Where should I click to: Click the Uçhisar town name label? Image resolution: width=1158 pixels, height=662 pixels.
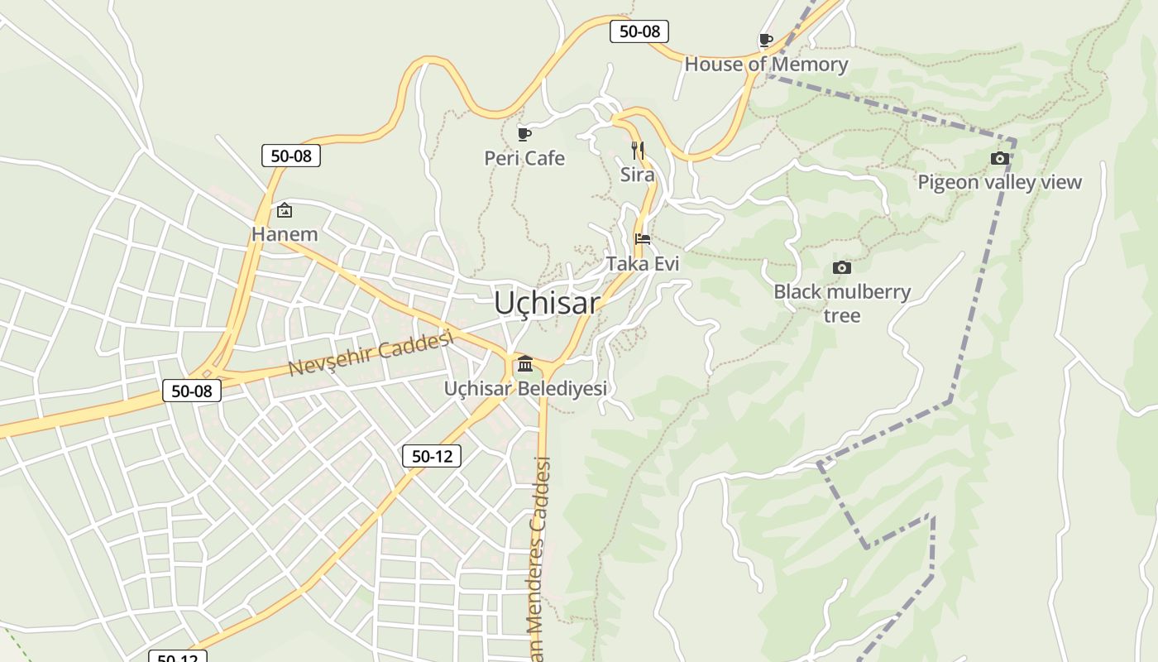point(547,303)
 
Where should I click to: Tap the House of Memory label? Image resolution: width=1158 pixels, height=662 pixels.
point(766,65)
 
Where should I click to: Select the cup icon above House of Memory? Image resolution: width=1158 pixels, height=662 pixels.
point(766,40)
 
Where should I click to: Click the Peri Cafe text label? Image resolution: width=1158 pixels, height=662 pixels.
point(524,158)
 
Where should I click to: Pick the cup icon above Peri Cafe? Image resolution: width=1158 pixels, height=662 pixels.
point(524,134)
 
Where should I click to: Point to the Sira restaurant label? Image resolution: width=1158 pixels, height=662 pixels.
point(638,175)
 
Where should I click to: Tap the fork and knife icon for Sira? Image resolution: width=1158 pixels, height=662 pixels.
point(638,151)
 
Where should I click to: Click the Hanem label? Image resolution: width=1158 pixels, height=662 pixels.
point(285,234)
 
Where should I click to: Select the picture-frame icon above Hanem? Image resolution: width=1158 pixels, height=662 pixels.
point(285,210)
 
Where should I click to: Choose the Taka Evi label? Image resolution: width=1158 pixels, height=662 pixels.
point(643,264)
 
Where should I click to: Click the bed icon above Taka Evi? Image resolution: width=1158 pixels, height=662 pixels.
point(642,239)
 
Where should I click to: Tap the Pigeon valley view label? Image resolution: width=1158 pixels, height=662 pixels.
point(999,182)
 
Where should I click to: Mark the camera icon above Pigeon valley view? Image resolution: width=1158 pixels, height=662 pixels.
point(999,158)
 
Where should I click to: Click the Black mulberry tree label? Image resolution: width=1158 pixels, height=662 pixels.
point(842,303)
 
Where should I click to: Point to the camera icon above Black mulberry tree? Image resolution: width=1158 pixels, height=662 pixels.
point(842,267)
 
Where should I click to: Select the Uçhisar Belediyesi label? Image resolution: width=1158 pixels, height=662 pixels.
point(525,388)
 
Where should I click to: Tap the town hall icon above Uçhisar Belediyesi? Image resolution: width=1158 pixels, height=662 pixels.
point(525,364)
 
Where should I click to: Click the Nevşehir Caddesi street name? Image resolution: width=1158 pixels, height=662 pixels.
point(371,353)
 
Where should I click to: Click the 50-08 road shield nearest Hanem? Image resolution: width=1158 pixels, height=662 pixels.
point(291,156)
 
